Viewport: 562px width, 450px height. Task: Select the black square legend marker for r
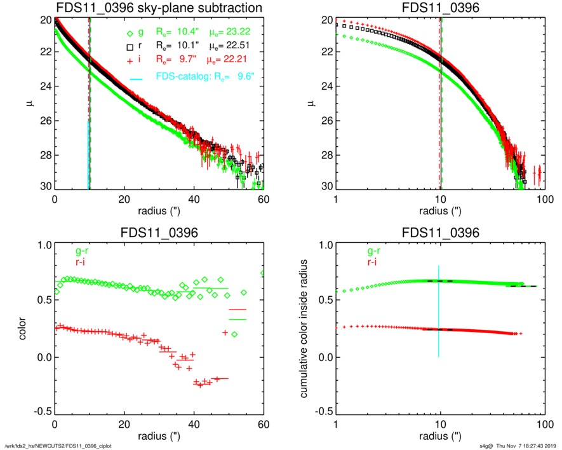[x=130, y=47]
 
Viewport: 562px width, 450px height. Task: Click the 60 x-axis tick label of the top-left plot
[x=264, y=199]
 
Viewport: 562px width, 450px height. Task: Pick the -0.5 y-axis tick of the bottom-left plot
[x=40, y=411]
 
